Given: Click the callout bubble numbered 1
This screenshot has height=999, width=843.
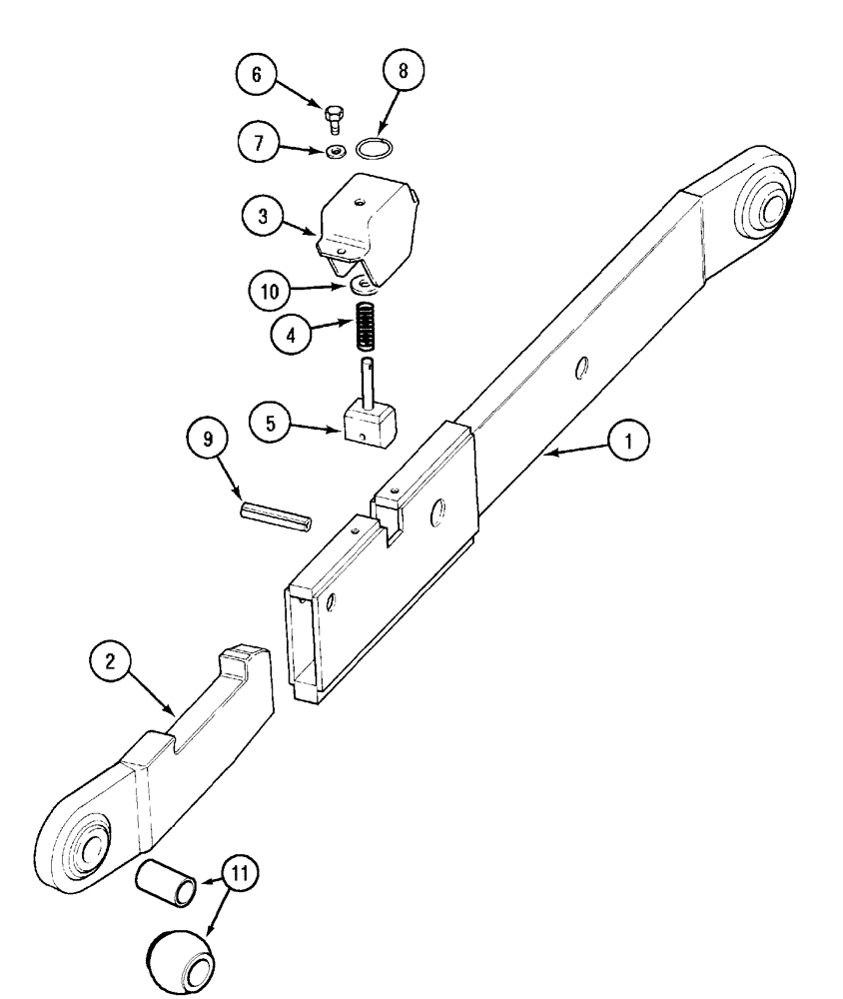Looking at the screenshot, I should pyautogui.click(x=631, y=440).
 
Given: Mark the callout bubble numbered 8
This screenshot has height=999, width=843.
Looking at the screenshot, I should pyautogui.click(x=403, y=73).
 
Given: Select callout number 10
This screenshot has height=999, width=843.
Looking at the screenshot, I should pyautogui.click(x=270, y=294).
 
